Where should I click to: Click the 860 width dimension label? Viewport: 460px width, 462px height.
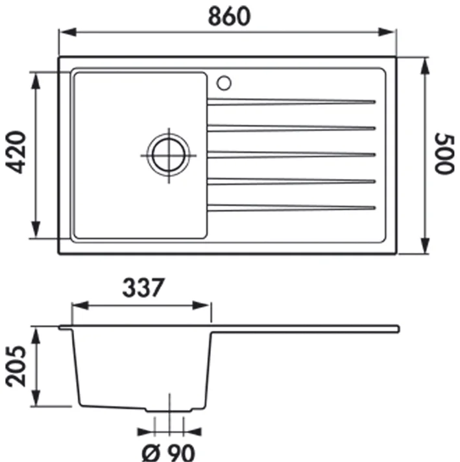click(x=229, y=16)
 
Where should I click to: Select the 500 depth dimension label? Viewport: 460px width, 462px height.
click(x=443, y=154)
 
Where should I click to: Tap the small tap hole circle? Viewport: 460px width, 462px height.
click(x=224, y=82)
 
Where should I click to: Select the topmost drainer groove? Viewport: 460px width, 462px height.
click(x=291, y=101)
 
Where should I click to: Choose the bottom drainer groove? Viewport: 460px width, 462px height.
click(x=291, y=207)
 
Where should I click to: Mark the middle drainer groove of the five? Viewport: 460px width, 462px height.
click(x=291, y=154)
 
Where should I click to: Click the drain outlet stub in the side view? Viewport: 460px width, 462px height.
click(x=169, y=409)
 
